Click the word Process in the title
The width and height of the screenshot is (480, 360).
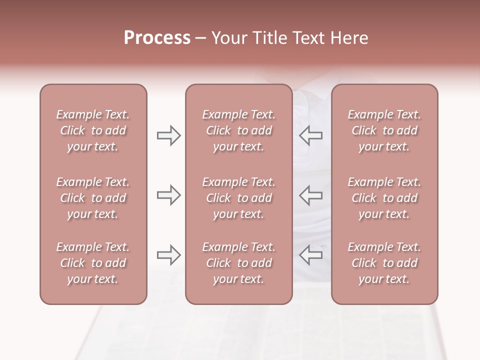click(157, 38)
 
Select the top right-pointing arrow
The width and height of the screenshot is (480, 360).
click(168, 135)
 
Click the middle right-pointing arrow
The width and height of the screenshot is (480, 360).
click(168, 195)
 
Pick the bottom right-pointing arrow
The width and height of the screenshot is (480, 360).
click(168, 255)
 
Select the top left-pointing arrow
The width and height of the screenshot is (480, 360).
click(310, 135)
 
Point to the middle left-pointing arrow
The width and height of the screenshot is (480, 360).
click(310, 195)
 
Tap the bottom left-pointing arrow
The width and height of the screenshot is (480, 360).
click(310, 255)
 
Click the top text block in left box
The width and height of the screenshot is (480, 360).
click(93, 130)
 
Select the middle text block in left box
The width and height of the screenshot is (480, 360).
click(93, 198)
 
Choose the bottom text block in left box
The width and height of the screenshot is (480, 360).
click(93, 263)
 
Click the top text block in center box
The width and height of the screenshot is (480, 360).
click(238, 130)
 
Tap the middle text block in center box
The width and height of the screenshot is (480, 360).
click(238, 198)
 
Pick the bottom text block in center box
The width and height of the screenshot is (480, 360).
click(238, 263)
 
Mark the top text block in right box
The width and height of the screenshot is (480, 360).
click(384, 130)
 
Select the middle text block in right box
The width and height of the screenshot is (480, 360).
click(384, 198)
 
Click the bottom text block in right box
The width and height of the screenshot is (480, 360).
click(384, 263)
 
